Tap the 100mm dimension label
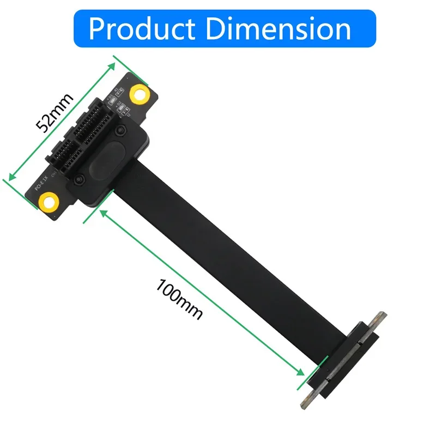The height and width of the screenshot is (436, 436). (x=179, y=299)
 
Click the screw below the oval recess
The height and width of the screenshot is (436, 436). (x=81, y=179)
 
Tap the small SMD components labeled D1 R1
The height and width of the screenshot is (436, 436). (x=118, y=92)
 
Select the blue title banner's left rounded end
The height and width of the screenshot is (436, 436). (x=80, y=28)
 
